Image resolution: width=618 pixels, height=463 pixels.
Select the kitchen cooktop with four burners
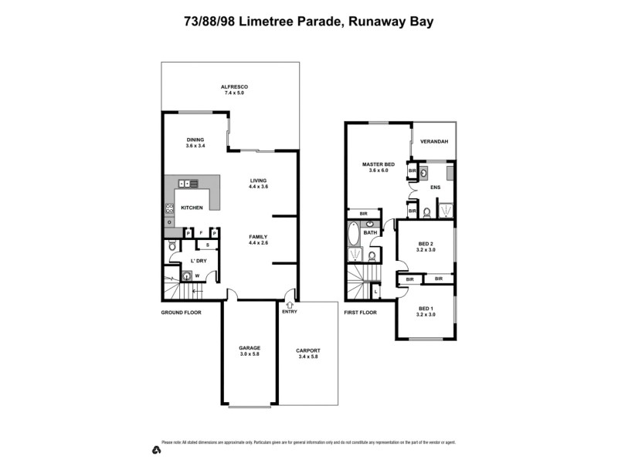(x=169, y=208)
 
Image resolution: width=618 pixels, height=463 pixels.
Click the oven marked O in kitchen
(x=169, y=223)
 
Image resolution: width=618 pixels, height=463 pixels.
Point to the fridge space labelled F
(x=201, y=232)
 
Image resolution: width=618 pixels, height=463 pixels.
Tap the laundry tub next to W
(x=185, y=275)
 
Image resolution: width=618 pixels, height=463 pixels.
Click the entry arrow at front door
(x=289, y=304)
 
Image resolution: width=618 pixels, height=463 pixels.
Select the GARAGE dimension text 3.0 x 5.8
(x=250, y=353)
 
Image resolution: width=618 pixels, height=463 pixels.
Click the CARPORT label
(x=307, y=350)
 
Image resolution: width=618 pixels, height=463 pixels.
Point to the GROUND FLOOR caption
(x=182, y=313)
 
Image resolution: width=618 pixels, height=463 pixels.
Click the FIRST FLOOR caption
(x=361, y=313)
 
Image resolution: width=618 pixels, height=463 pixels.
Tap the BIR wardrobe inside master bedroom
(x=362, y=214)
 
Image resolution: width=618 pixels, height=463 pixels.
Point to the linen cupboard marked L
(x=375, y=292)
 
